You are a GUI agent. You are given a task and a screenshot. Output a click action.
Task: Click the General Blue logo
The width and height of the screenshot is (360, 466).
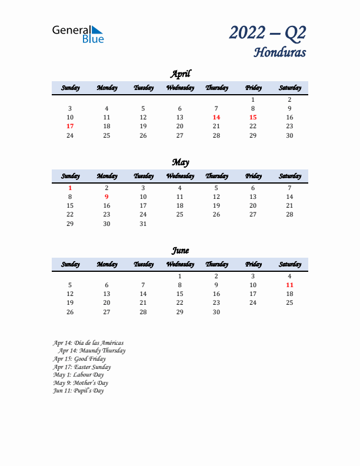pyautogui.click(x=78, y=34)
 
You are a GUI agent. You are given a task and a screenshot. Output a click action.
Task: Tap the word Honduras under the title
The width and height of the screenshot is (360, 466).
pyautogui.click(x=279, y=52)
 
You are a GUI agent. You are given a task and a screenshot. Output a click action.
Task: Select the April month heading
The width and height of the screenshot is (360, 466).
pyautogui.click(x=180, y=74)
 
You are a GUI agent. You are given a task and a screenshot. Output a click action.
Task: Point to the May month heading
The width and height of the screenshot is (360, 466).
pyautogui.click(x=180, y=162)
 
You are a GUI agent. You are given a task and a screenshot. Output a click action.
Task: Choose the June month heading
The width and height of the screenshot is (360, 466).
pyautogui.click(x=180, y=251)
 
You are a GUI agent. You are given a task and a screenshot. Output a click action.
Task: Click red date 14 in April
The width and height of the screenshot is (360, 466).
pyautogui.click(x=216, y=117)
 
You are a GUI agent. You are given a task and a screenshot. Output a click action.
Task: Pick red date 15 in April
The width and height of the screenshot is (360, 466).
pyautogui.click(x=253, y=117)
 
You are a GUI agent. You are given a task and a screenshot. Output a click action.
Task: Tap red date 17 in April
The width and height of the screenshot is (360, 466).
pyautogui.click(x=70, y=126)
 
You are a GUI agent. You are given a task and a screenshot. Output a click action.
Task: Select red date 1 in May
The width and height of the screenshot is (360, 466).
pyautogui.click(x=70, y=188)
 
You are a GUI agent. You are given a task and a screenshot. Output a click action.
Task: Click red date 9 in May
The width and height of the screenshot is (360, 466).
pyautogui.click(x=106, y=197)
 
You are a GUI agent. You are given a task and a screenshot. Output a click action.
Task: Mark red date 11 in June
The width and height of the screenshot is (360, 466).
pyautogui.click(x=289, y=285)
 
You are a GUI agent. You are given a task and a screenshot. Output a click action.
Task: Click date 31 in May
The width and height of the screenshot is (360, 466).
pyautogui.click(x=143, y=224)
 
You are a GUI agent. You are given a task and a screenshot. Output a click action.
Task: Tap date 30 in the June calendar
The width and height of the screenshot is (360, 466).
pyautogui.click(x=216, y=312)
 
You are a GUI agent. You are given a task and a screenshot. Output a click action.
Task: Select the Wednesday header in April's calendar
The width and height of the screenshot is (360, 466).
pyautogui.click(x=180, y=88)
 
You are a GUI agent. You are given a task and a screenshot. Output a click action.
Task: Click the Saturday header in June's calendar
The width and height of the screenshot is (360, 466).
pyautogui.click(x=289, y=264)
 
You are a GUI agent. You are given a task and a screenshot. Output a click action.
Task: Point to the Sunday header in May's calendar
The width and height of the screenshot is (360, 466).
pyautogui.click(x=70, y=176)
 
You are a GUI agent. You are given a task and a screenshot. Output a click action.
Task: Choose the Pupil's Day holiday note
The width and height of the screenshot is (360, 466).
pyautogui.click(x=78, y=391)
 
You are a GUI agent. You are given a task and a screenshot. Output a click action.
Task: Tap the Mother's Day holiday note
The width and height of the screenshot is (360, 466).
pyautogui.click(x=81, y=382)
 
